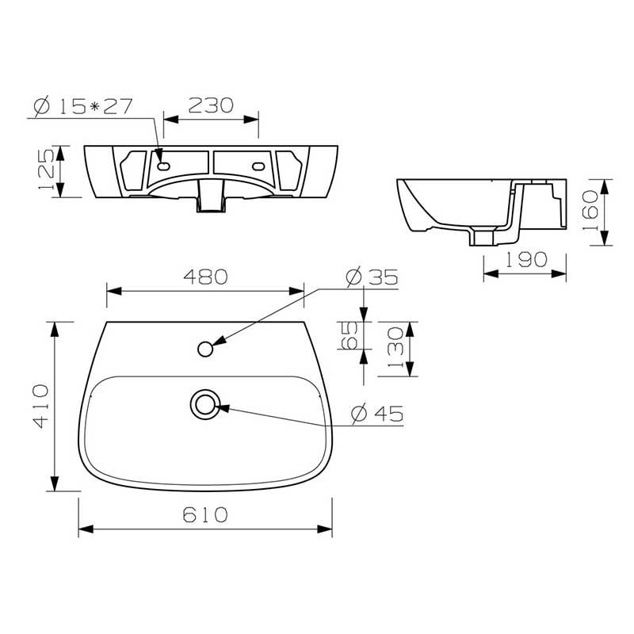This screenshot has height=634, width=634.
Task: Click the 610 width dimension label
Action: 205,514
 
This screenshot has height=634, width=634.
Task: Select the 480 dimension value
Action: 205,277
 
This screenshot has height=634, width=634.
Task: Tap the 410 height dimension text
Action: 41,405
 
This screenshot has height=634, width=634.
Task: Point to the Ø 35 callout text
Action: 372,277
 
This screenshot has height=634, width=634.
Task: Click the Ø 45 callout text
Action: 376,413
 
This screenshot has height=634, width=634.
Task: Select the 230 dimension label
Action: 211,105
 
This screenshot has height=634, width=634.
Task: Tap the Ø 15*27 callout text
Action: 82,105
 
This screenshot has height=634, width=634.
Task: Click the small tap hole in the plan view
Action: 205,348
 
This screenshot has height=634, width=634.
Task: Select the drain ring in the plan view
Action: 205,404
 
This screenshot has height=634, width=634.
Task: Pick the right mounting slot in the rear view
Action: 258,166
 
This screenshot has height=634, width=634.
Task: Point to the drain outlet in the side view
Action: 480,236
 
